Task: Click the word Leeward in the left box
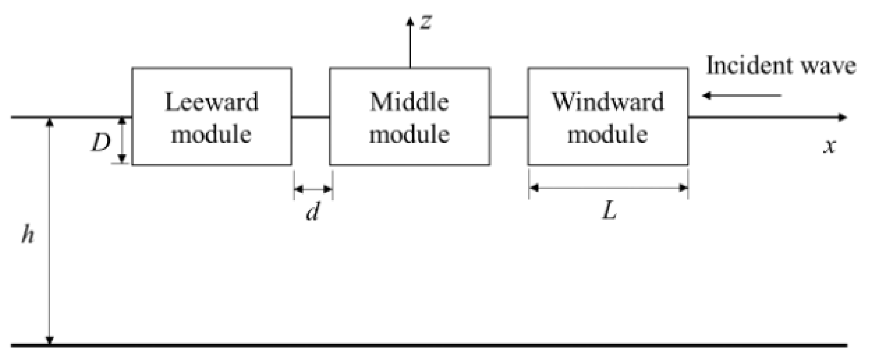coord(211,102)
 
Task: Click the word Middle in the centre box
coord(409,102)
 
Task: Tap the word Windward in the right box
coord(608,102)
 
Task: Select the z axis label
coord(426,22)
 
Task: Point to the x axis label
coord(830,147)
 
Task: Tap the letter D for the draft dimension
coord(101,143)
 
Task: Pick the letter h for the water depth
coord(28,234)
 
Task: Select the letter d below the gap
coord(312,211)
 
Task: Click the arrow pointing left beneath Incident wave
coord(742,95)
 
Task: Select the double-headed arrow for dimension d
coord(313,189)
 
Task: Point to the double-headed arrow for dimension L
coord(608,188)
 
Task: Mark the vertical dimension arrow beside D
coord(122,140)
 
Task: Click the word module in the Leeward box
coord(211,134)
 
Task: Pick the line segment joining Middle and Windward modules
coord(509,117)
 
